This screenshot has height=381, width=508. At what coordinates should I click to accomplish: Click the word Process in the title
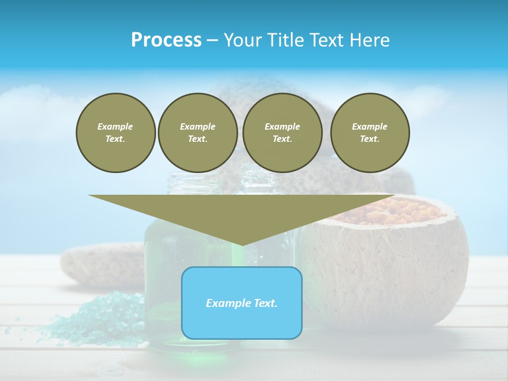pyautogui.click(x=166, y=40)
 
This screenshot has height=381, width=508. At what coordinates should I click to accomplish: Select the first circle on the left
pyautogui.click(x=115, y=133)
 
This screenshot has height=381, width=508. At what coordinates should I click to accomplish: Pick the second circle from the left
pyautogui.click(x=197, y=133)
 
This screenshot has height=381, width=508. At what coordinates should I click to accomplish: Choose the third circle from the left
pyautogui.click(x=282, y=133)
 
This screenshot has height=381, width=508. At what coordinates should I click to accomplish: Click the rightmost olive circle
pyautogui.click(x=370, y=133)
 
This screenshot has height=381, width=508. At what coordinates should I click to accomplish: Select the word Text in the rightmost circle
pyautogui.click(x=369, y=139)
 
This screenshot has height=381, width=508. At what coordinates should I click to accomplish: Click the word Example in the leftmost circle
pyautogui.click(x=115, y=126)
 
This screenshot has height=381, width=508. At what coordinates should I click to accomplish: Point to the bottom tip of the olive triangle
pyautogui.click(x=242, y=244)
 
